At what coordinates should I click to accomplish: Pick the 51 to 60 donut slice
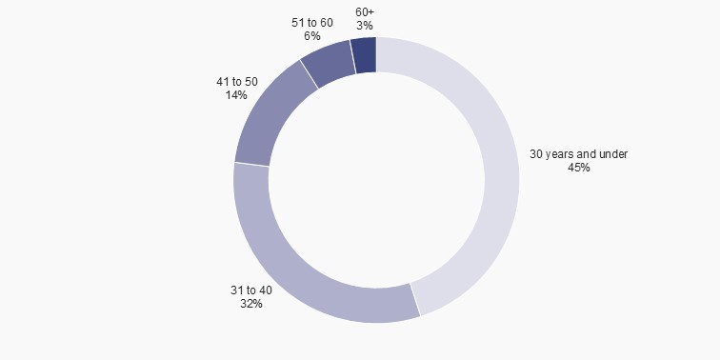coord(328,65)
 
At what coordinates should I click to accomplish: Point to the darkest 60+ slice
coord(364,55)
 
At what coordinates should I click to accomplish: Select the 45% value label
coord(579,168)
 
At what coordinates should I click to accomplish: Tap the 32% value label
coord(251,305)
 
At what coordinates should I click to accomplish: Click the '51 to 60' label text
coord(312,21)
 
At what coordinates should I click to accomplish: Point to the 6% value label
coord(312,35)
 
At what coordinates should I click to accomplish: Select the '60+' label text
coord(365,11)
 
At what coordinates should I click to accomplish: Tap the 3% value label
coord(365,26)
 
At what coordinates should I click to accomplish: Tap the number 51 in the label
coord(298,21)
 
